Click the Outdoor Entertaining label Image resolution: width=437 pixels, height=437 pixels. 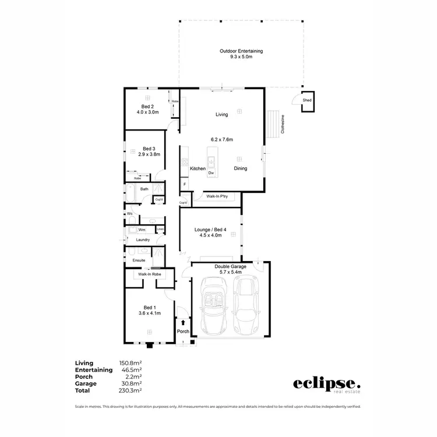click(241, 51)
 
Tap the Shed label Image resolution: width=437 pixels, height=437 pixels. click(306, 100)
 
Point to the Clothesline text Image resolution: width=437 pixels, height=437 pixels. click(283, 125)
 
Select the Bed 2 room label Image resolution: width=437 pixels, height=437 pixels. click(147, 107)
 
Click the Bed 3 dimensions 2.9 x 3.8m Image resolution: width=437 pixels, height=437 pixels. click(149, 154)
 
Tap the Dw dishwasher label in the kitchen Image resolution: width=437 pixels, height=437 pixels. click(212, 173)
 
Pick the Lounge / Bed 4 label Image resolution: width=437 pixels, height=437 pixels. click(210, 230)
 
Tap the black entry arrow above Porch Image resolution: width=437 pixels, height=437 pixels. click(184, 322)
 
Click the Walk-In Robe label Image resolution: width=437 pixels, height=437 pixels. click(149, 274)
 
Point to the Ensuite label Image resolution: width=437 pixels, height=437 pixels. click(139, 260)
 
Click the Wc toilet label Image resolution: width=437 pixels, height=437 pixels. click(130, 214)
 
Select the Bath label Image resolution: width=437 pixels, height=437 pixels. click(144, 189)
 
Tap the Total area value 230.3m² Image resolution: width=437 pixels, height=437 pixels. click(131, 391)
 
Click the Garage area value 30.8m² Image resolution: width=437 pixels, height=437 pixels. click(131, 384)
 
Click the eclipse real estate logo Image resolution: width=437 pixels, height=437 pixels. click(326, 385)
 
